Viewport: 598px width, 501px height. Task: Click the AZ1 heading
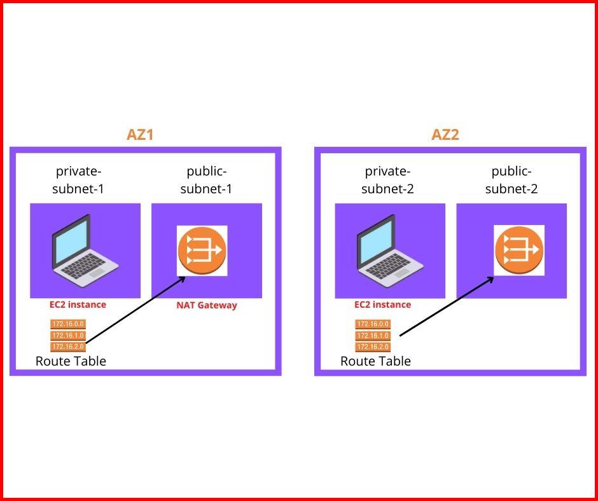[140, 135]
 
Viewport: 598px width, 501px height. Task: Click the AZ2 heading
[445, 135]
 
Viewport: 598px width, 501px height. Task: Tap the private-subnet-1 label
[79, 180]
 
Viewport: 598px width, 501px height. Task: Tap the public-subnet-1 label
[207, 180]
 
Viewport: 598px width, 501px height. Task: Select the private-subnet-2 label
[387, 180]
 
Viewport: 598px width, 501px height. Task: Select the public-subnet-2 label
[511, 180]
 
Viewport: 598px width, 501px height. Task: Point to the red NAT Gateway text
[207, 305]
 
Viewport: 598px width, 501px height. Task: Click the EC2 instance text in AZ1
[78, 305]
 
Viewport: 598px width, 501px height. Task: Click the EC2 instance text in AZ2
[382, 305]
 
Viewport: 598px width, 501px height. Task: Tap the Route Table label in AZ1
[71, 361]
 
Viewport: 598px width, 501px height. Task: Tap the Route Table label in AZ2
[375, 361]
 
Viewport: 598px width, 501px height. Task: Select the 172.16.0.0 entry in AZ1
[67, 324]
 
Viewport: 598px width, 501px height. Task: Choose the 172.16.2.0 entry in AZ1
[67, 347]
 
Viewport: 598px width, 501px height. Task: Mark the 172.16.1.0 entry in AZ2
[373, 335]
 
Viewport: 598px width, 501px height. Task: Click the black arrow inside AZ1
[135, 310]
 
